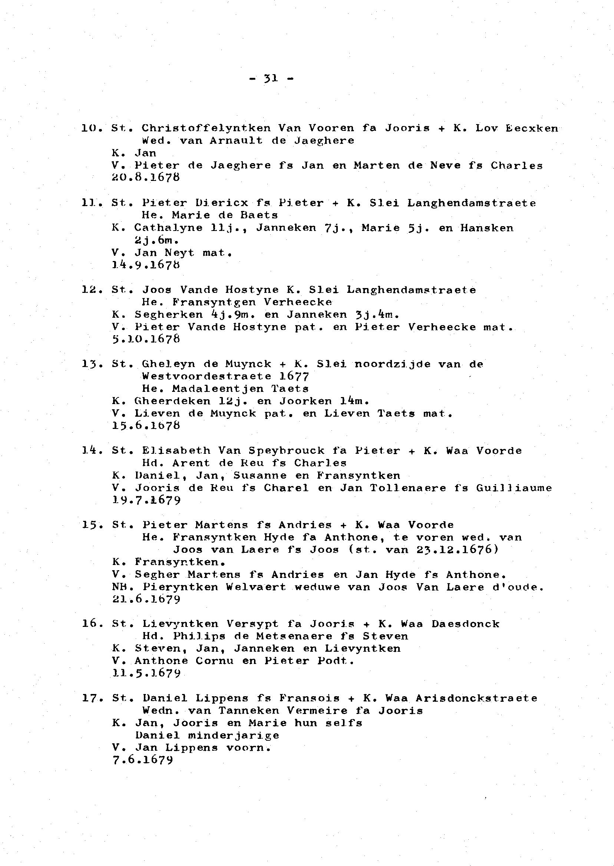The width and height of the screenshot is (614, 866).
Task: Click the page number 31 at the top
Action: point(271,78)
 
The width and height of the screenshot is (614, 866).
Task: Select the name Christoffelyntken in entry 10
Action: point(206,128)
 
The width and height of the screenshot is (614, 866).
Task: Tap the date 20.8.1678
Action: point(146,177)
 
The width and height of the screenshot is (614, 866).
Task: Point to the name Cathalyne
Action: point(168,228)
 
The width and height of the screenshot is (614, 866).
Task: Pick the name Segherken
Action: point(169,314)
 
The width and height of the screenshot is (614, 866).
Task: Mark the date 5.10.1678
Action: point(146,339)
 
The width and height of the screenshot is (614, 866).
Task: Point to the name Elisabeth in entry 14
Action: point(176,450)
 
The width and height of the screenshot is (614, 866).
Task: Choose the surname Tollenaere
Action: point(408,488)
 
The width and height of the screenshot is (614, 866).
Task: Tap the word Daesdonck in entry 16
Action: point(465,624)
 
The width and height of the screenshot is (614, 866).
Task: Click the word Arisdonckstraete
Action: point(476,698)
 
